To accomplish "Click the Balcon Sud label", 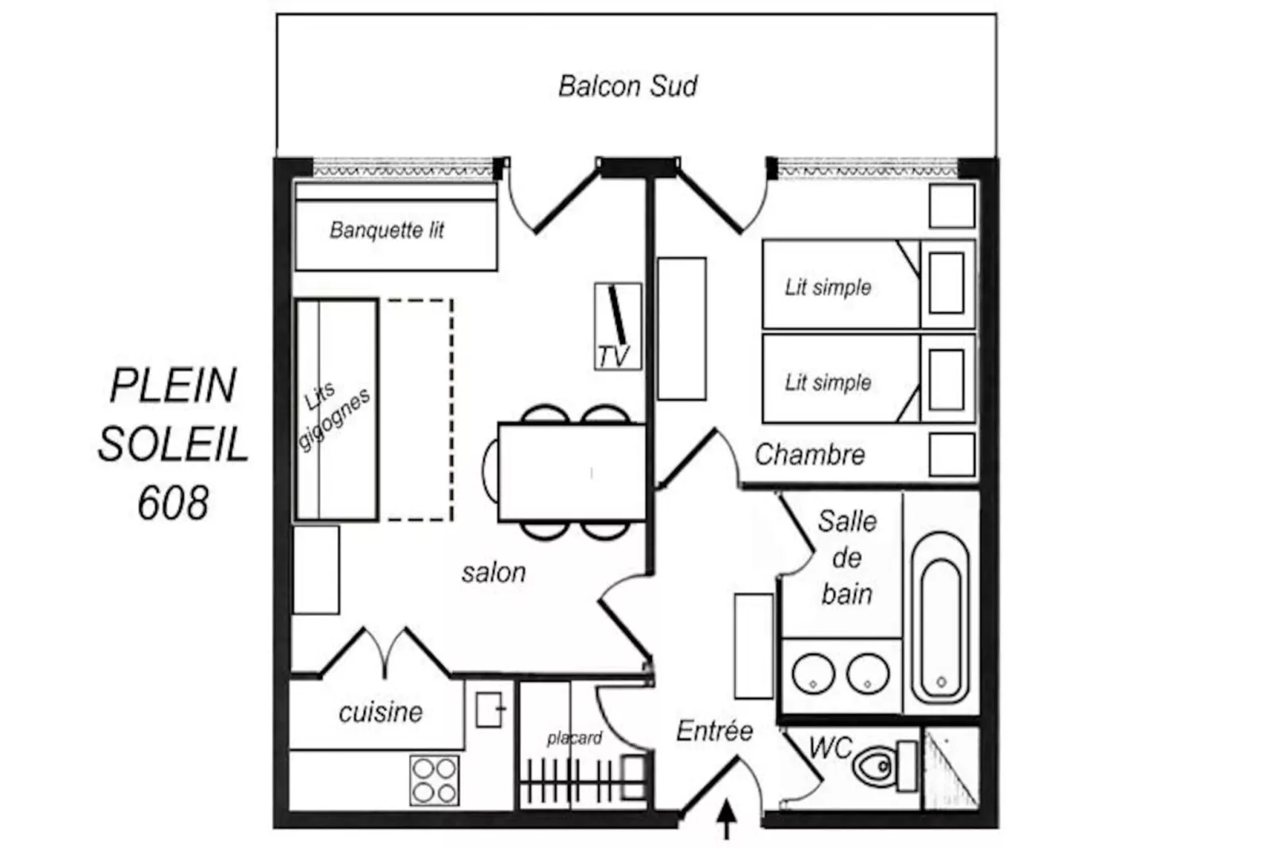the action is pos(627,86).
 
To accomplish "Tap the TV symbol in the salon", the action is pos(618,327).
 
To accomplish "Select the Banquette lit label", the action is pos(386,230).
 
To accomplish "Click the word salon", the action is pos(493,573).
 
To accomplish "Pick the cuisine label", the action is pos(381,712).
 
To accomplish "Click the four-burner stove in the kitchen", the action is pos(435,780).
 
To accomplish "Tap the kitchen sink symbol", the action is pos(489,709).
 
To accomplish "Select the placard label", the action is pos(574,739).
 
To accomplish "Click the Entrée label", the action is pos(715,732).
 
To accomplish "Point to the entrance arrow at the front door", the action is pos(727,820).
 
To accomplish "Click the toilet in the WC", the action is pos(885,766).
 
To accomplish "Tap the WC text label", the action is pos(831,747).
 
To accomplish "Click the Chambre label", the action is pos(810,455).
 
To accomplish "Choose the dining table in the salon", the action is pos(572,473).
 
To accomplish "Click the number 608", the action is pos(173,503).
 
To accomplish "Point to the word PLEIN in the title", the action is pos(173,386).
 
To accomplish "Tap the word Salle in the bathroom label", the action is pos(847,521).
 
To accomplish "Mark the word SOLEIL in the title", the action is pos(174,444).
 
